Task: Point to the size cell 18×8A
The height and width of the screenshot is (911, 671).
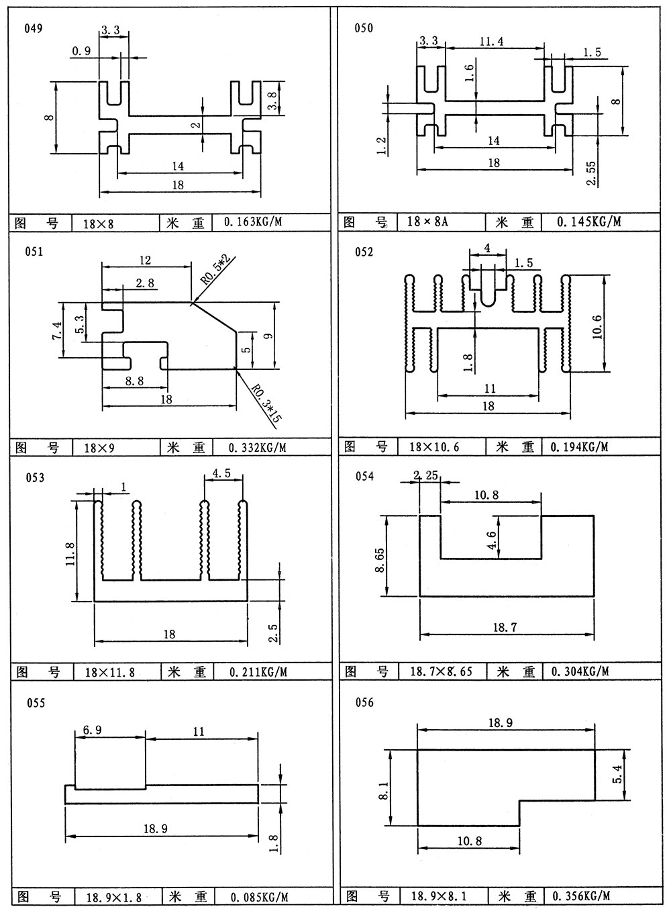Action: (x=427, y=222)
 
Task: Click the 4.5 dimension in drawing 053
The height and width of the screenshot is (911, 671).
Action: (x=221, y=473)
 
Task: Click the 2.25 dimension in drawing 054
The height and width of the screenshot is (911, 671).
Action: (x=426, y=475)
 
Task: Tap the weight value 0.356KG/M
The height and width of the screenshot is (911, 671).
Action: (x=581, y=896)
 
